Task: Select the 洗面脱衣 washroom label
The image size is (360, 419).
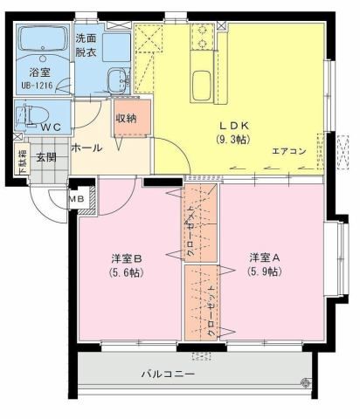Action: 86,45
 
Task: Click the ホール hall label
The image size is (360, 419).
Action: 85,147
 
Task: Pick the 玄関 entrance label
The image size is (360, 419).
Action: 45,157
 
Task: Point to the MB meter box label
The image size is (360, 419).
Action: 77,199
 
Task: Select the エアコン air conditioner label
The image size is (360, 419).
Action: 288,151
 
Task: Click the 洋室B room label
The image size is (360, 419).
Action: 127,259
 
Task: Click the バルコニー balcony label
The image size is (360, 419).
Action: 168,374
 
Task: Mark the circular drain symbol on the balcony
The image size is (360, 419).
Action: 304,381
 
